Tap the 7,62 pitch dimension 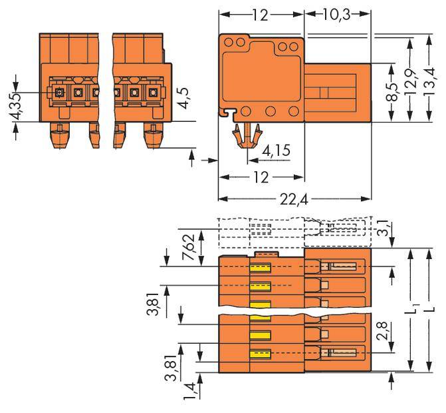(169, 247)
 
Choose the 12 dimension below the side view (261, 177)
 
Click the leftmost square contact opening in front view (59, 93)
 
